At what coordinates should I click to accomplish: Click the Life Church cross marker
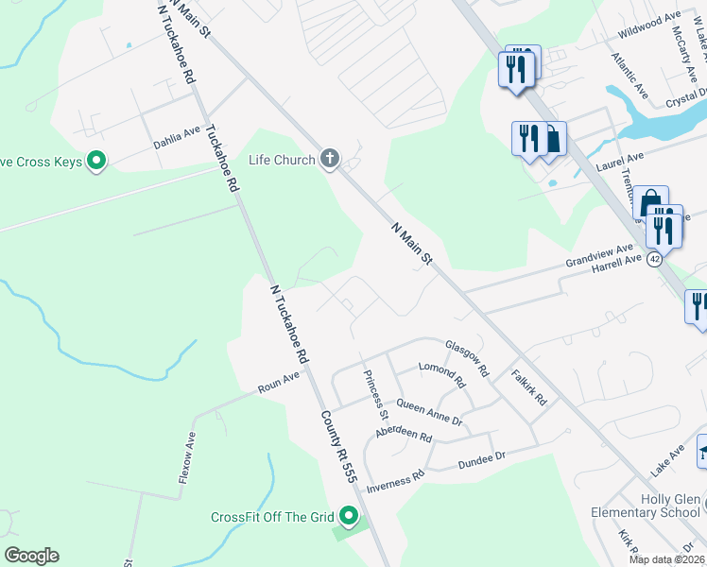tap(329, 159)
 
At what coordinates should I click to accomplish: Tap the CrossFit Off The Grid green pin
tap(349, 516)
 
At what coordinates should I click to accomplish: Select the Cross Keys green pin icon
tap(95, 162)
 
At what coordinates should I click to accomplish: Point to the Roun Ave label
tap(278, 382)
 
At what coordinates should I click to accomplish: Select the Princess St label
tap(375, 395)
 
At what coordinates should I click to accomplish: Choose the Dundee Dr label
tap(482, 459)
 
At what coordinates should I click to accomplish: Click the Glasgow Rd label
tap(466, 358)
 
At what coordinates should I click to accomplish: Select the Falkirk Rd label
tap(529, 387)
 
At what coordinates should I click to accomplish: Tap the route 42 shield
tap(653, 262)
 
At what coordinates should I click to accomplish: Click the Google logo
tap(32, 556)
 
